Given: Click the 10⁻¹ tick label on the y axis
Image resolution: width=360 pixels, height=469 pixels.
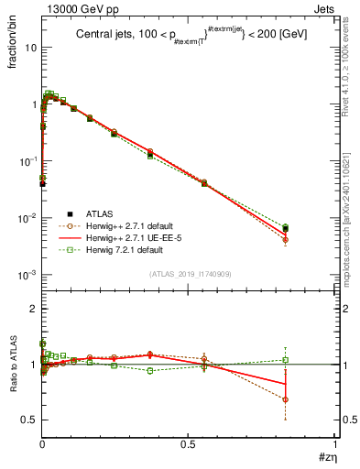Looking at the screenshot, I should coord(28,161).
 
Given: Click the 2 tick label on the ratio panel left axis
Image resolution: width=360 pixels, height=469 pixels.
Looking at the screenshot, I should coord(33,309).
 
